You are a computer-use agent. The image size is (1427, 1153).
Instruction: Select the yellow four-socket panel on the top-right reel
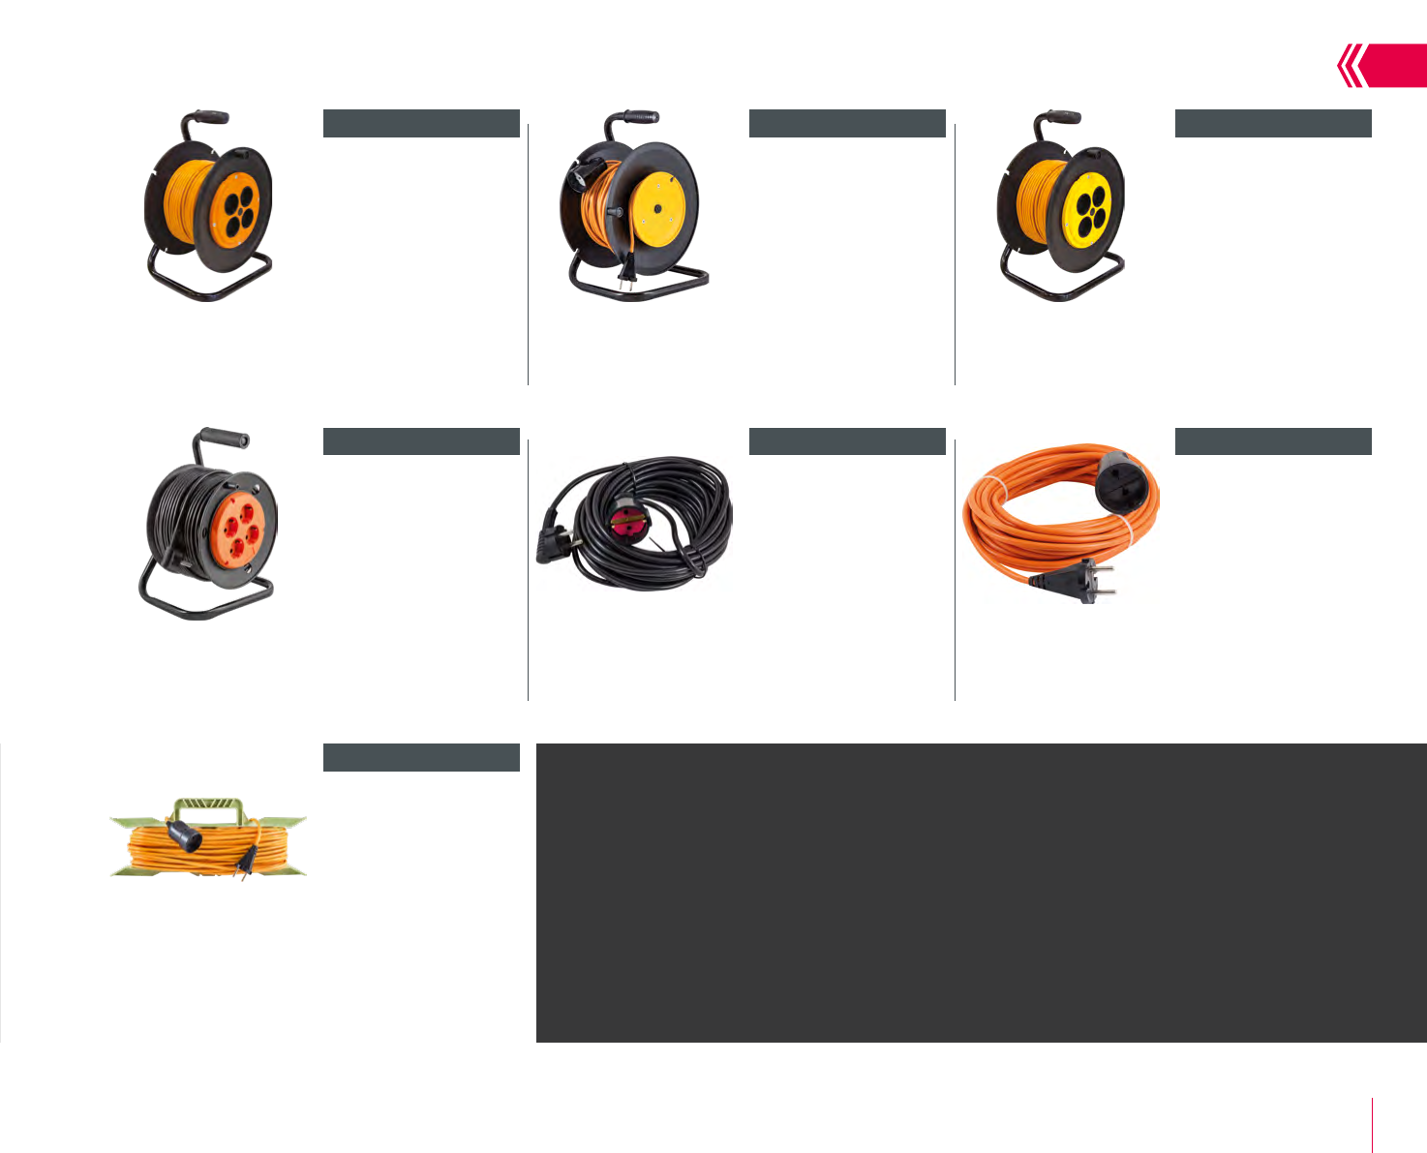click(1091, 206)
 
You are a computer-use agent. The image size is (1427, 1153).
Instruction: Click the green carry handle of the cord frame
click(208, 810)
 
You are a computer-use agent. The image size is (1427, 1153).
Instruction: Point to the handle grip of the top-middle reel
click(640, 117)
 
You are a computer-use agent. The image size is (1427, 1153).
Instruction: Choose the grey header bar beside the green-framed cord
click(421, 758)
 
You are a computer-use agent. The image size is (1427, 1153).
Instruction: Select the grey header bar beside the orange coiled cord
click(1273, 441)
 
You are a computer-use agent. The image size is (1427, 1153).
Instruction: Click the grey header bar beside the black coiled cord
click(847, 441)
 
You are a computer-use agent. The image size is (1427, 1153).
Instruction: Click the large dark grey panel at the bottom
click(981, 893)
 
